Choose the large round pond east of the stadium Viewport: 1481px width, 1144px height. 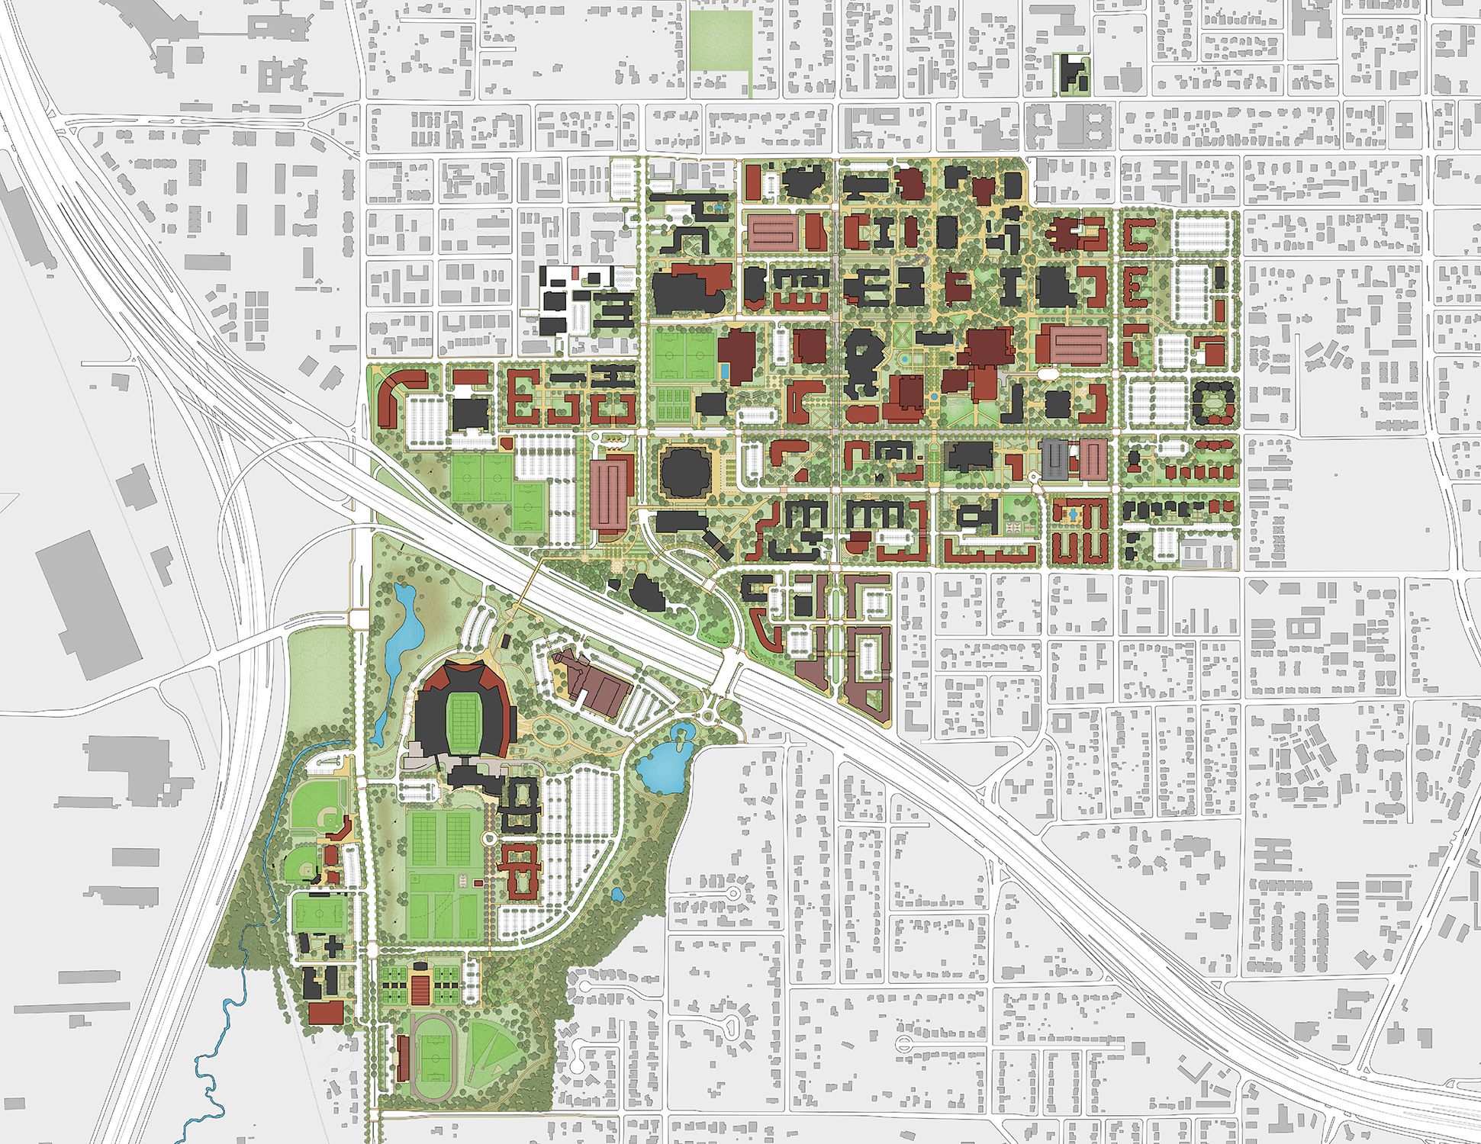pyautogui.click(x=664, y=766)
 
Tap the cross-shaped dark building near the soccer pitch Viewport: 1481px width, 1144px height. pyautogui.click(x=333, y=947)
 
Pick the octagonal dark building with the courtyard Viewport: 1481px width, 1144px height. pyautogui.click(x=1212, y=402)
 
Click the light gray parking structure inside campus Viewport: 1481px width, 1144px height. pyautogui.click(x=1055, y=460)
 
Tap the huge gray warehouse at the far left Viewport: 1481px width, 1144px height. pyautogui.click(x=89, y=605)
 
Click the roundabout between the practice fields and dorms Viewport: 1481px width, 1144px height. pyautogui.click(x=489, y=837)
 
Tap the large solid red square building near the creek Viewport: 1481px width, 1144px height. pyautogui.click(x=326, y=1013)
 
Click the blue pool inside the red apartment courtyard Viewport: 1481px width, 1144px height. pyautogui.click(x=1073, y=516)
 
